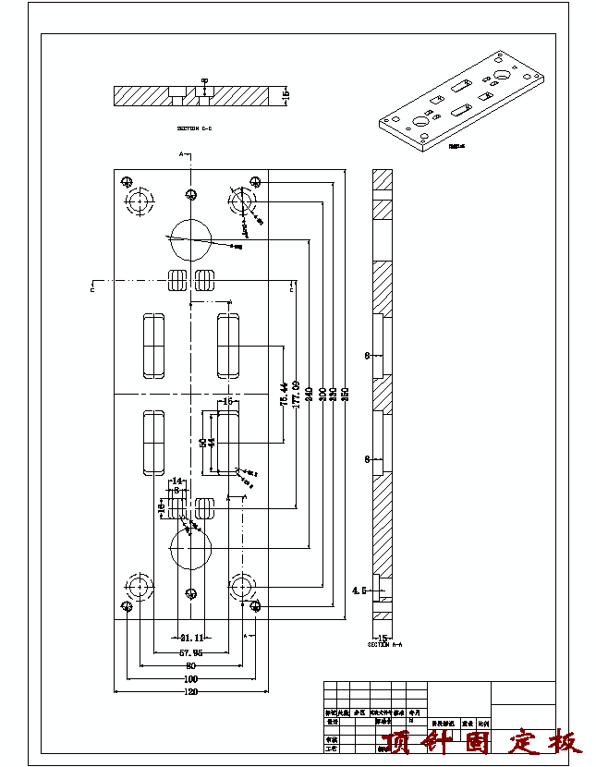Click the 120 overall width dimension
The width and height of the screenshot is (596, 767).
[191, 691]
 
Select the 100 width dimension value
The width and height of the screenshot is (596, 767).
[191, 678]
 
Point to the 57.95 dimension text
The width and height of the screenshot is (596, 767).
[191, 651]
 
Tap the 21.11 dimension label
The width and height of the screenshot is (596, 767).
[191, 638]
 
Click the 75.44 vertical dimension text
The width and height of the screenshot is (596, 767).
[284, 393]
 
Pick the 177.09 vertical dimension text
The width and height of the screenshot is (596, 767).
[296, 393]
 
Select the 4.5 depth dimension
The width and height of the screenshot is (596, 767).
[359, 589]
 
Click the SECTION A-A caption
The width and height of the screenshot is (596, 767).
[383, 645]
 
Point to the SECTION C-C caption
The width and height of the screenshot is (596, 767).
[194, 128]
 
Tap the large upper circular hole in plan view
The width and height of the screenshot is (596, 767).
[190, 240]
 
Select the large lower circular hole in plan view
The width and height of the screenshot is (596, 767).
[191, 550]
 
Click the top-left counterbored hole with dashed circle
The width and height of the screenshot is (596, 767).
[140, 201]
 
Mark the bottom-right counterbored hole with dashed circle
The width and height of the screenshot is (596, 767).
[243, 586]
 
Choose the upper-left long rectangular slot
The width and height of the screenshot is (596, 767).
[153, 347]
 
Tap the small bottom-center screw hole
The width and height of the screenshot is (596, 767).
[191, 593]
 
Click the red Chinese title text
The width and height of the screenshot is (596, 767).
[480, 742]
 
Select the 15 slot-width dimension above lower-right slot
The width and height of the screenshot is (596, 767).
[227, 401]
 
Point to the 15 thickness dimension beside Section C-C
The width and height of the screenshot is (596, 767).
[286, 94]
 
